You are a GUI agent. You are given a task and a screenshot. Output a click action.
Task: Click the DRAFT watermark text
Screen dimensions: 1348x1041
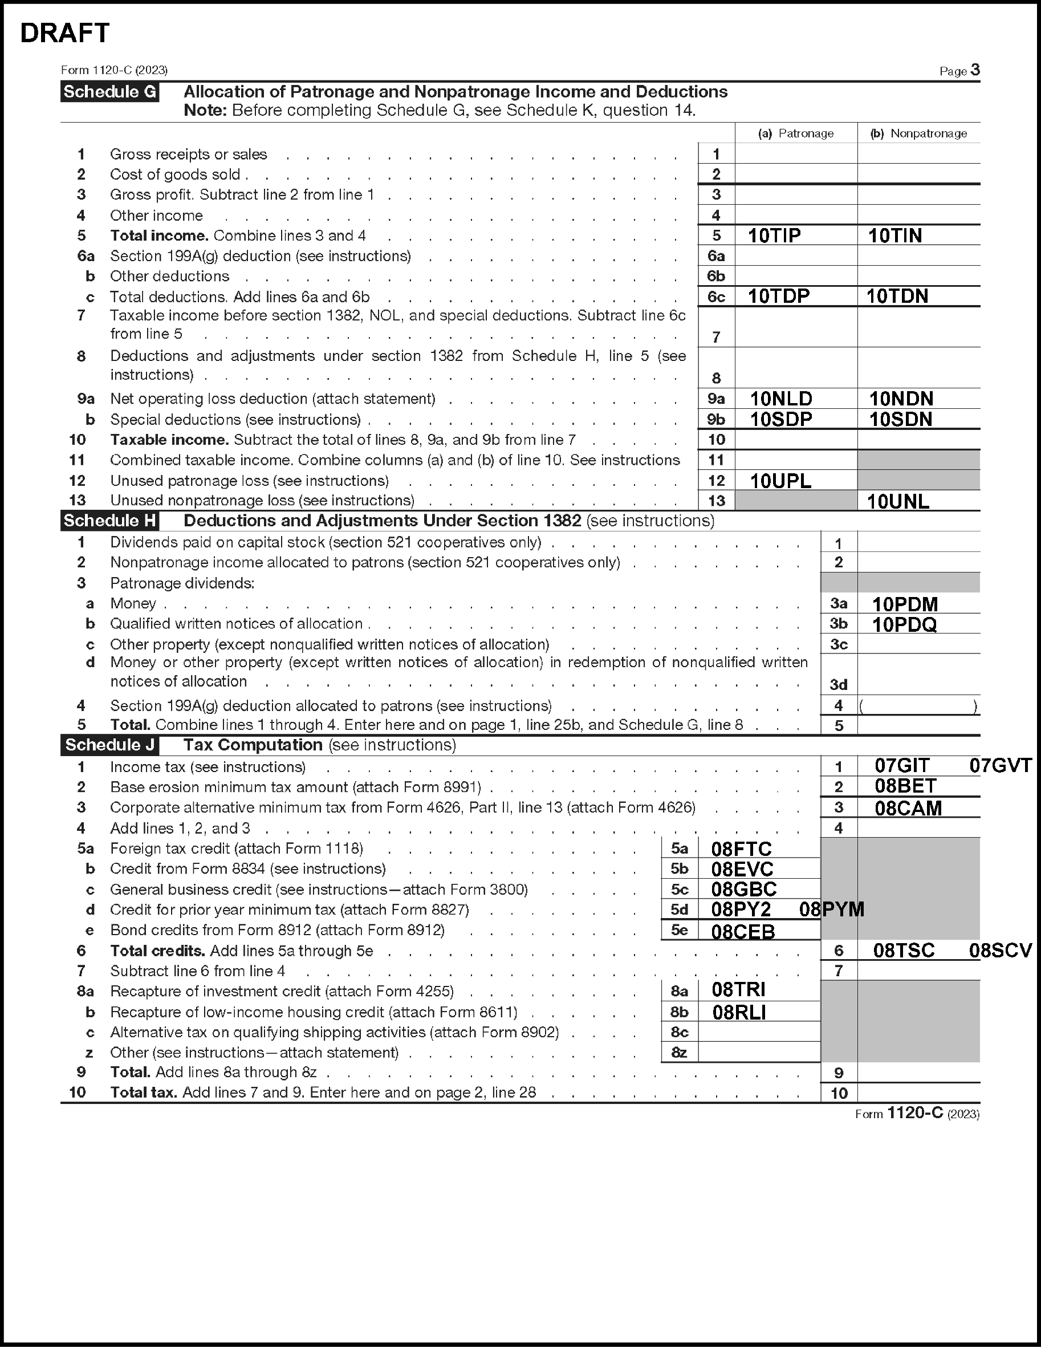(x=65, y=33)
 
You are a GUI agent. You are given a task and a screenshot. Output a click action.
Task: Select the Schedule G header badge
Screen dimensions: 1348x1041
(x=110, y=92)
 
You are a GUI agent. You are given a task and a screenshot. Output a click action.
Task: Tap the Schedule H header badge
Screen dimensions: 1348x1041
(x=110, y=521)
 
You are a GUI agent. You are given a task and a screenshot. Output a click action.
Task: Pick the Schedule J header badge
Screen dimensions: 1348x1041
(x=110, y=745)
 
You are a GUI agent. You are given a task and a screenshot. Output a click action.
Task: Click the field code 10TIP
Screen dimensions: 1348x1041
(x=774, y=235)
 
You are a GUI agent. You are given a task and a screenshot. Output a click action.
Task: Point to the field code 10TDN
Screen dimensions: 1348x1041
(x=897, y=297)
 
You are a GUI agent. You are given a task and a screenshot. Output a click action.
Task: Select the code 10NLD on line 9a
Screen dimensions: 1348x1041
(x=780, y=399)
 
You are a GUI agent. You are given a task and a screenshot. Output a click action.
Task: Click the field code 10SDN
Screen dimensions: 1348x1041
(x=900, y=420)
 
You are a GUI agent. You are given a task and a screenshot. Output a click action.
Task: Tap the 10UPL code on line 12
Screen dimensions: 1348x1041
(x=780, y=481)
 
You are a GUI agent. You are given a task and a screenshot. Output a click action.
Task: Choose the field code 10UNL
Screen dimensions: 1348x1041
(x=898, y=501)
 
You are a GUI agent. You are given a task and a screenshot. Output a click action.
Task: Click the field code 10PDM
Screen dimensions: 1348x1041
(x=905, y=604)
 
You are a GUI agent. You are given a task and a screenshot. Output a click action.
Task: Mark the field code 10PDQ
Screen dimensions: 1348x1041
(x=904, y=624)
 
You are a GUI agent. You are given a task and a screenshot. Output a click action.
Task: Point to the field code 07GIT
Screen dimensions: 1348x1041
(x=901, y=766)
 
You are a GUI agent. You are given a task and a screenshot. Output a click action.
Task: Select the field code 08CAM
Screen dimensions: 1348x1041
(x=908, y=808)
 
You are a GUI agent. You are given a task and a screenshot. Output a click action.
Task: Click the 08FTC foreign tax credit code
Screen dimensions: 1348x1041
(x=741, y=849)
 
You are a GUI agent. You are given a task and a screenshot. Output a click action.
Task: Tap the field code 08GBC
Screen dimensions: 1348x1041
(x=743, y=890)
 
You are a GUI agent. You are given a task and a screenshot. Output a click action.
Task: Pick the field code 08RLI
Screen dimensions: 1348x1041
(x=739, y=1012)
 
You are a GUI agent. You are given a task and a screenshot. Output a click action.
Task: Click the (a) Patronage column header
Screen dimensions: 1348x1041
(x=795, y=133)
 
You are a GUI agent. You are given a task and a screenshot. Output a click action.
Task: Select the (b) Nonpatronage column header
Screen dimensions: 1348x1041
(x=918, y=133)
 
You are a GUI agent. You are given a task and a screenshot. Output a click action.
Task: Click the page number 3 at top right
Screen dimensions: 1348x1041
(x=975, y=70)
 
